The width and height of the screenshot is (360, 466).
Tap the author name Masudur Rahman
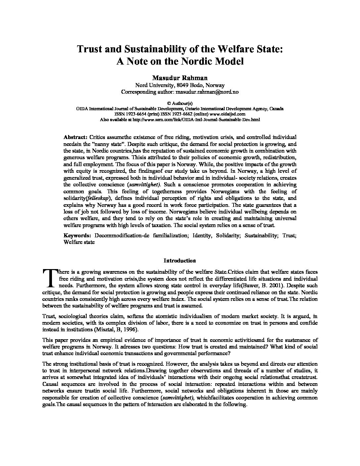[180, 78]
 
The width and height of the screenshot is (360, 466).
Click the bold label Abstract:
[75, 137]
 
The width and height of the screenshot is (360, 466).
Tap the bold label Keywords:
[77, 235]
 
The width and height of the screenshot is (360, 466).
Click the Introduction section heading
[180, 260]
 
